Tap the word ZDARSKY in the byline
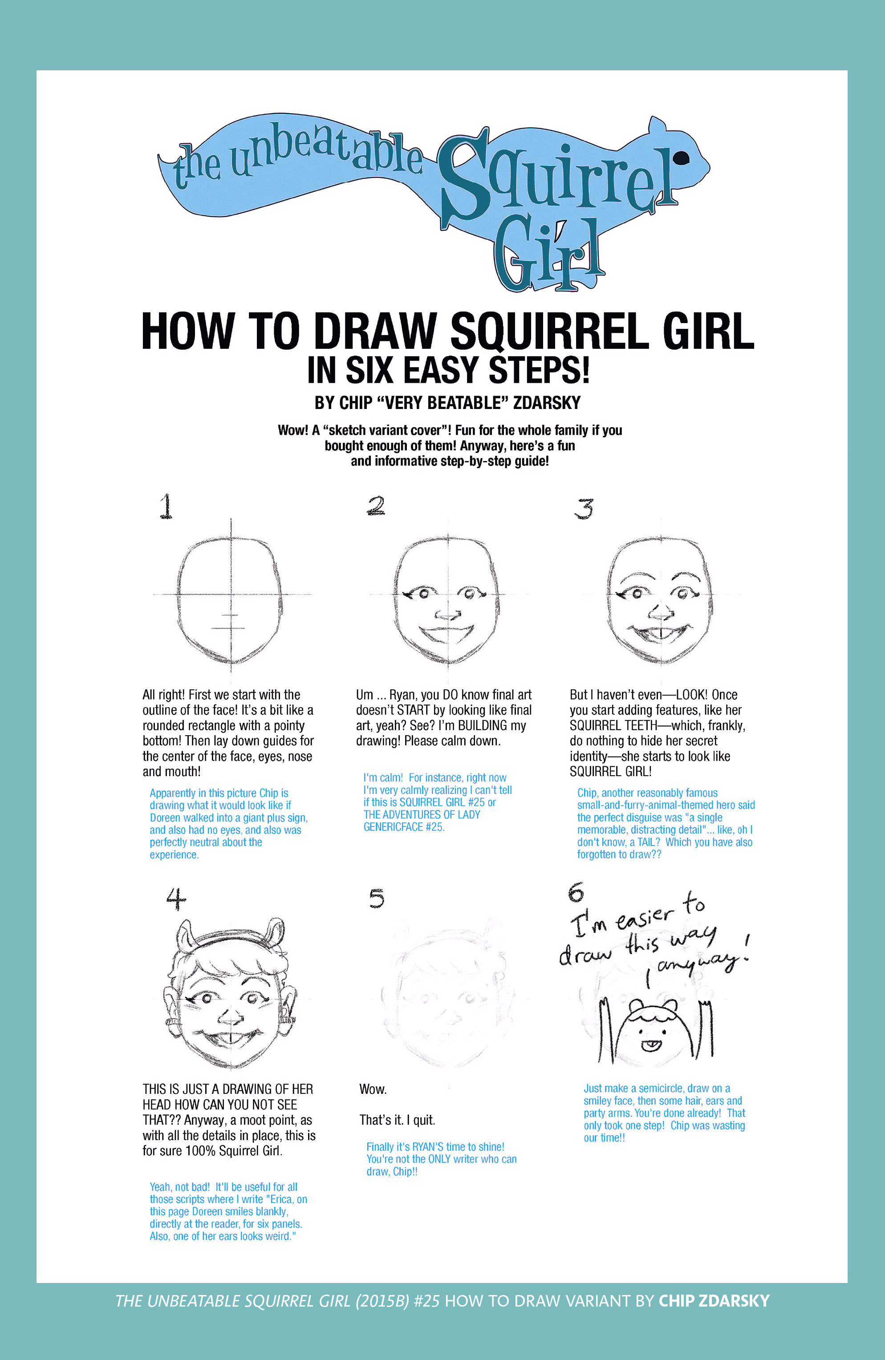coord(547,403)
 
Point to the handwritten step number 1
coord(166,506)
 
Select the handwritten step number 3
coord(584,508)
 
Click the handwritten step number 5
coord(376,899)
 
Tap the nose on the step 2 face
coord(448,615)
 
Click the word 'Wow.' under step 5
coord(373,1089)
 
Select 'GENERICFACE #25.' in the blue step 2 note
coord(404,827)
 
